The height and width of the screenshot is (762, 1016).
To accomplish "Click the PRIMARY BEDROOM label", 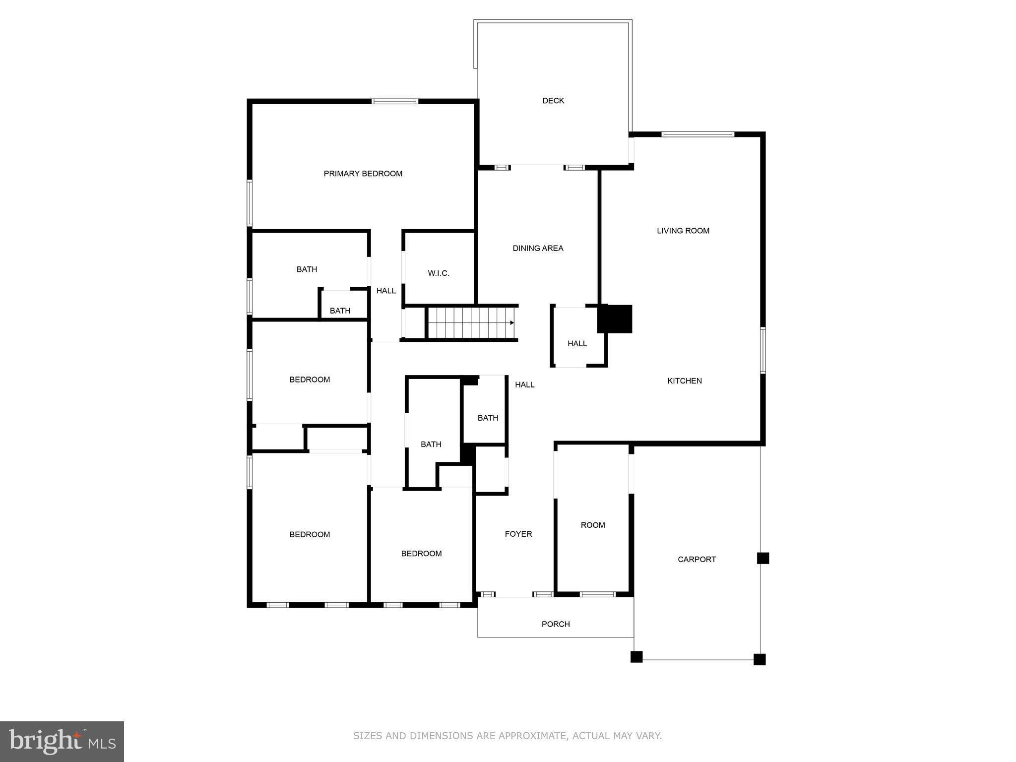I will click(363, 174).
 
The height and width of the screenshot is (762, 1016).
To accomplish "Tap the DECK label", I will click(553, 101).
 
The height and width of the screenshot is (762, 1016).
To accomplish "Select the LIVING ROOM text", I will click(683, 231).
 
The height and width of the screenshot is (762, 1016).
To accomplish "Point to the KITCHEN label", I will click(684, 381).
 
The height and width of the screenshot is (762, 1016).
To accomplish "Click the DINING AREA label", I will click(538, 249).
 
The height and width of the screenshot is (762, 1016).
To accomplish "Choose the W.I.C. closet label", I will click(438, 273).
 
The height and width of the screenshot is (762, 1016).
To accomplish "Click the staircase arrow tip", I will click(512, 323).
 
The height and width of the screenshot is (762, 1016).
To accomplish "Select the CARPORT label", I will click(697, 560).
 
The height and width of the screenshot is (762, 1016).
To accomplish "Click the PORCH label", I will click(555, 624).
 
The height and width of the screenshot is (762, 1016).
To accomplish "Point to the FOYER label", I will click(518, 534).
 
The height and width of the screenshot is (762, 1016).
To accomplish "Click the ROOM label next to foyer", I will click(593, 525).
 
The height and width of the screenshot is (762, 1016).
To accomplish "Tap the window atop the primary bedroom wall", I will click(395, 102).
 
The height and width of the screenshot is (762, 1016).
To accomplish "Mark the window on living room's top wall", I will click(698, 134).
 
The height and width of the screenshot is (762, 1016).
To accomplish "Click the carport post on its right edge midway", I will click(762, 559).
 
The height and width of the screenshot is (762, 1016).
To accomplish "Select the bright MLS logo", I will click(62, 742).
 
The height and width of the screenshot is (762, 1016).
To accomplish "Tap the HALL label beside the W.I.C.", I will click(386, 291).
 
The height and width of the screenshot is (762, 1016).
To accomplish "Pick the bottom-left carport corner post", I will click(636, 657).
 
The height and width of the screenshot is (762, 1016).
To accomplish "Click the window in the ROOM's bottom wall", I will click(598, 594).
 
